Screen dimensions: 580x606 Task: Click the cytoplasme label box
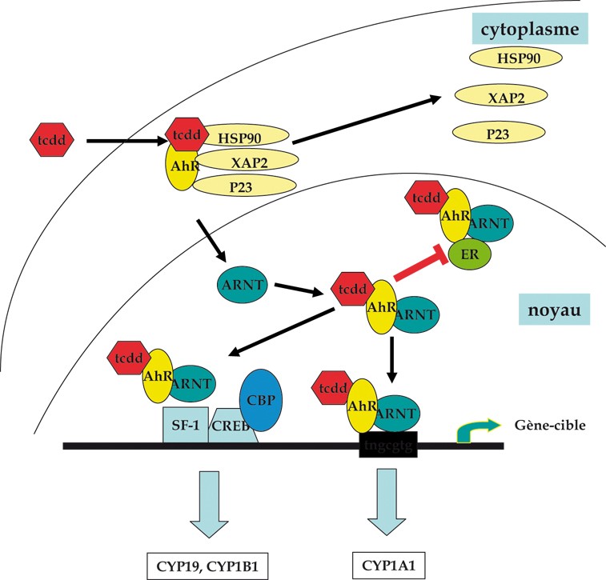[529, 30]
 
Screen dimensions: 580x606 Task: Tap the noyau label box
[554, 309]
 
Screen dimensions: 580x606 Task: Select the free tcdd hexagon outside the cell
[53, 141]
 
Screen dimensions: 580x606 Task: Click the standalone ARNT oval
[242, 286]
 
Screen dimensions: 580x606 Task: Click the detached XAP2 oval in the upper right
[501, 95]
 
